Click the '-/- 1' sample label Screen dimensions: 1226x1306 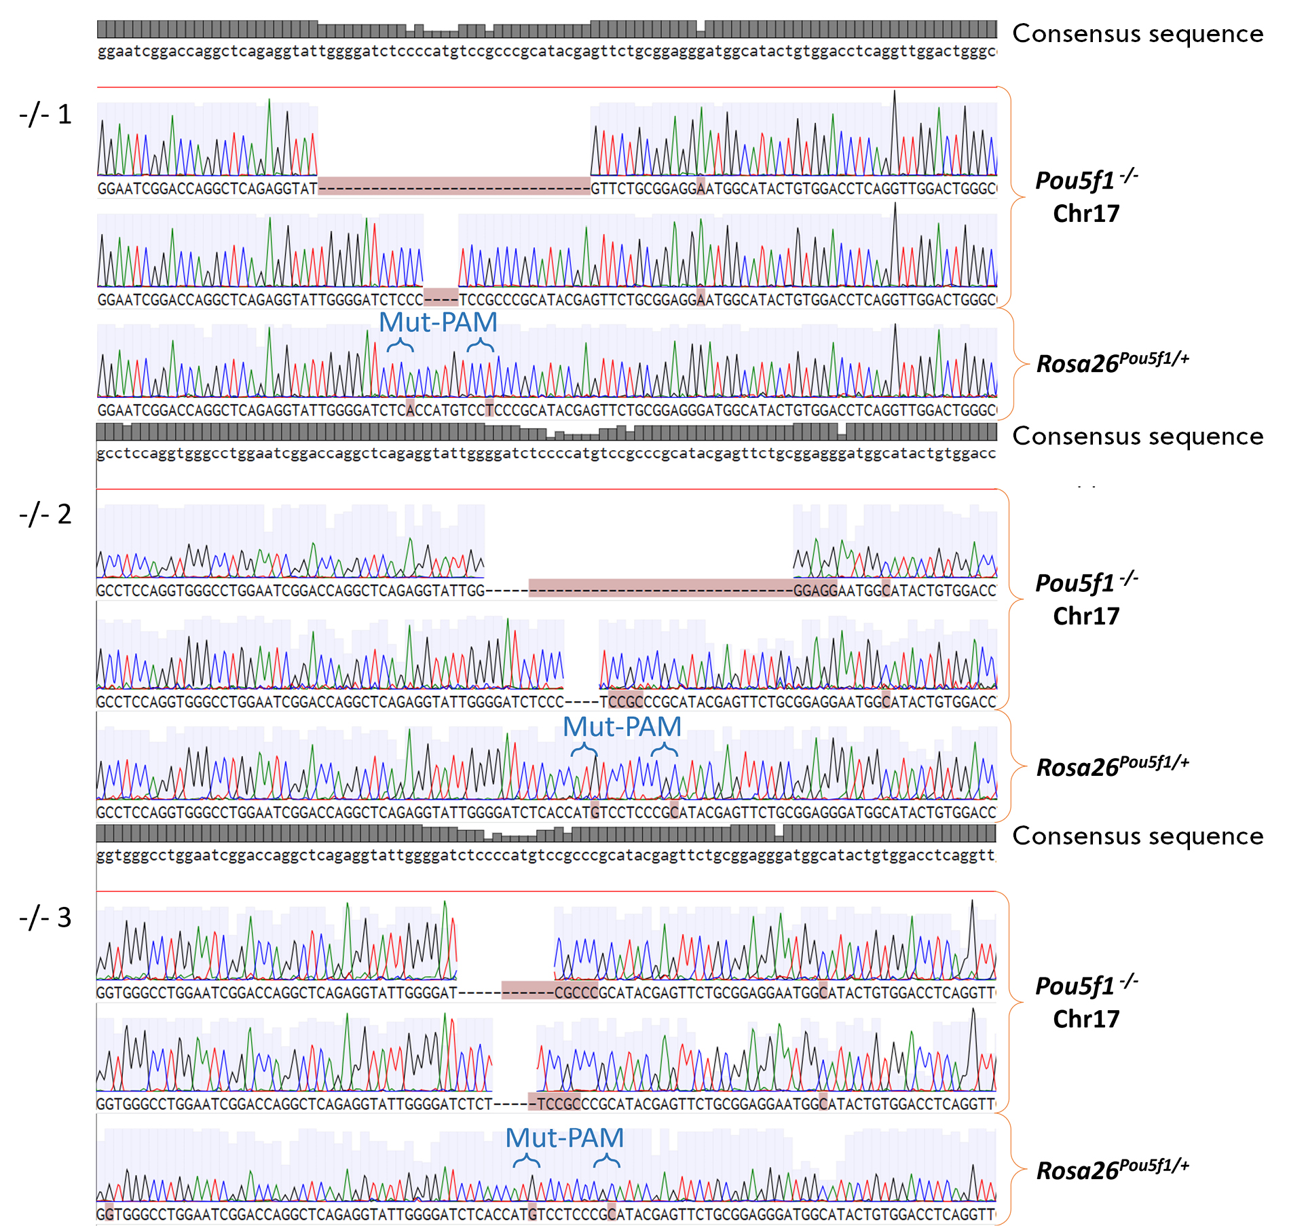(x=45, y=114)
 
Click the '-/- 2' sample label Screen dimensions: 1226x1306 (x=45, y=514)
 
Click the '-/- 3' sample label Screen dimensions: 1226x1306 (x=45, y=917)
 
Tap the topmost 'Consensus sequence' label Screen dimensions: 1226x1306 (x=1138, y=33)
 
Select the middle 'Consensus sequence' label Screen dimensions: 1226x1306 (x=1138, y=436)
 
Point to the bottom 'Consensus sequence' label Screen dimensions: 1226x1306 (x=1138, y=836)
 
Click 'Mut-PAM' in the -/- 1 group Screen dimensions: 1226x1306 (x=438, y=322)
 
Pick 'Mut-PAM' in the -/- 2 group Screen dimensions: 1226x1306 (x=622, y=726)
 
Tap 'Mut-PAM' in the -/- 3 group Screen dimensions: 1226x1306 (x=564, y=1138)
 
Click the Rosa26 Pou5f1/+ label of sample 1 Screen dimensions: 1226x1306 (x=1112, y=362)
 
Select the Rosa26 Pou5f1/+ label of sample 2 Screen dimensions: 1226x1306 (x=1112, y=765)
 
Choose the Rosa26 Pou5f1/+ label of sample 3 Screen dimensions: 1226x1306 (x=1112, y=1168)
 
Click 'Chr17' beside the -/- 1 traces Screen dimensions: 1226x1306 (x=1086, y=213)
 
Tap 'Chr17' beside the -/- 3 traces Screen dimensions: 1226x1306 (x=1086, y=1018)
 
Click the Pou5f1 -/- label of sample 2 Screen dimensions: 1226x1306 (x=1086, y=582)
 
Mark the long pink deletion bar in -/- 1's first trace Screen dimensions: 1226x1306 (x=453, y=186)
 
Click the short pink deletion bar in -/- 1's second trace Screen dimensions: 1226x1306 (x=441, y=297)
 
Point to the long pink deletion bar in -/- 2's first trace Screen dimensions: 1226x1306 (x=660, y=587)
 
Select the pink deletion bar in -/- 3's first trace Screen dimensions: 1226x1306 (x=527, y=990)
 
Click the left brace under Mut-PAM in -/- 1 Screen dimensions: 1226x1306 (x=400, y=345)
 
